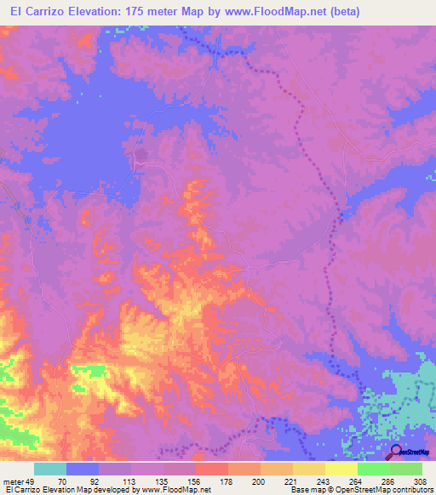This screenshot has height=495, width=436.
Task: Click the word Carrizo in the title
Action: pos(49,12)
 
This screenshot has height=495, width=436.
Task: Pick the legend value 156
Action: pos(195,481)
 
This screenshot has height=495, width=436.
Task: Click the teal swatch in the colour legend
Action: pos(50,469)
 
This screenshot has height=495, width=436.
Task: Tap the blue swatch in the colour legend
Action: pos(83,469)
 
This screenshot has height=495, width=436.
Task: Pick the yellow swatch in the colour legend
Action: pos(308,469)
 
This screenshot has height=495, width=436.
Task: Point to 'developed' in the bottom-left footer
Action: pos(116,491)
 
